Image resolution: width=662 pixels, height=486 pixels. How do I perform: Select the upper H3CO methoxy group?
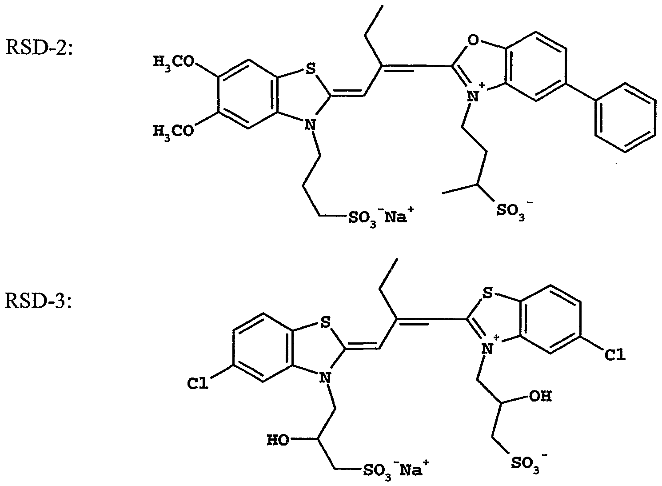(x=173, y=63)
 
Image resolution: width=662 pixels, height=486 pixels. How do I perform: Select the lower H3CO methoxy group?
(x=173, y=131)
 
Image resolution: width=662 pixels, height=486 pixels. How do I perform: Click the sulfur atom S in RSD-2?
(x=309, y=68)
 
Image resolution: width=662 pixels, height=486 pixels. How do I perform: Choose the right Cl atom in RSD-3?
(x=615, y=355)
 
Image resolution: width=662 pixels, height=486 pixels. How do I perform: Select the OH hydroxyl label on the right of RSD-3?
(x=541, y=396)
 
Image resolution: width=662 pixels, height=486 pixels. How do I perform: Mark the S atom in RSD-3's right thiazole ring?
(x=487, y=293)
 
